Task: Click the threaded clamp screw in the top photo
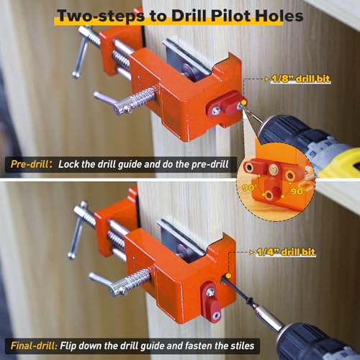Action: point(134,102)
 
